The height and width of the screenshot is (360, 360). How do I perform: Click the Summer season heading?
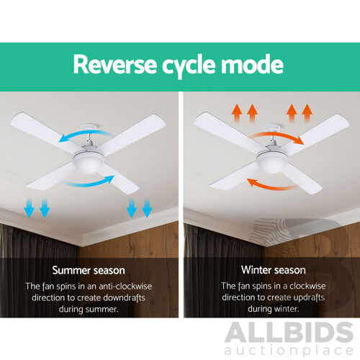click(90, 271)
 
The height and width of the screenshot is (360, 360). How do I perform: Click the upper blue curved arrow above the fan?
click(79, 137)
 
